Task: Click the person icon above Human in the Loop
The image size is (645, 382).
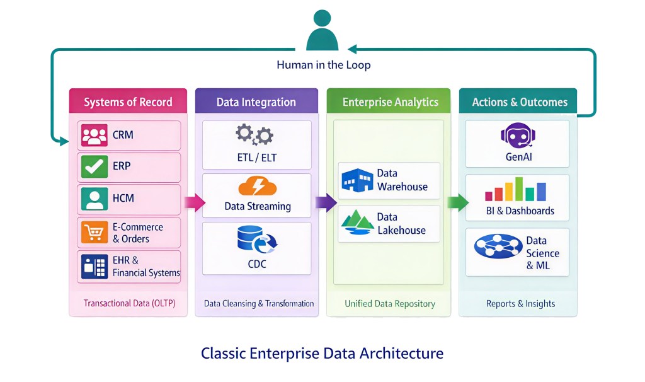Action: (322, 32)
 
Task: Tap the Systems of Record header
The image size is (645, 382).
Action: (128, 102)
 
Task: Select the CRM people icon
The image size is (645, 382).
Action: (94, 135)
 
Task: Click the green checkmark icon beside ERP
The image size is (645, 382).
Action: (94, 166)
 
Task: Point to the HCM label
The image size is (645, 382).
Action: (123, 198)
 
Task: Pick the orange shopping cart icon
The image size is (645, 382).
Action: (94, 233)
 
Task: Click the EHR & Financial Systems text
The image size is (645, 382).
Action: (146, 267)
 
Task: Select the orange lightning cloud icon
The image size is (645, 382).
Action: (257, 187)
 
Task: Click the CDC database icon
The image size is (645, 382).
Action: (256, 240)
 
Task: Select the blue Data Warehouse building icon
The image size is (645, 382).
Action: (357, 179)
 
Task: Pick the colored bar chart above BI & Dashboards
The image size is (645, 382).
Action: (516, 188)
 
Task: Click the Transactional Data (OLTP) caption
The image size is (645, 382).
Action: (129, 303)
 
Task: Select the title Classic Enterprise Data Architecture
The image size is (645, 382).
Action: (322, 353)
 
